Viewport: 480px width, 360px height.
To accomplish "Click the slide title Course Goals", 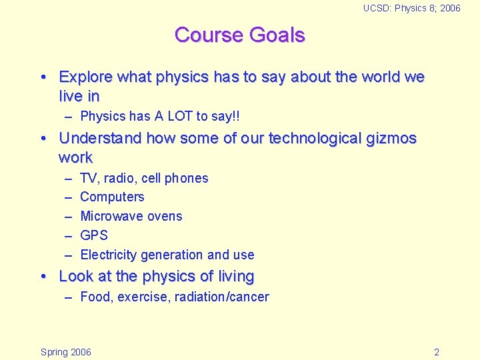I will (239, 35).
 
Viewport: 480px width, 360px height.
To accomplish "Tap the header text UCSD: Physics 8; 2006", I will (411, 8).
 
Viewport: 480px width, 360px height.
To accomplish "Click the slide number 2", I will (436, 352).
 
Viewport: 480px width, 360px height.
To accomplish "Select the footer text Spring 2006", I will (66, 352).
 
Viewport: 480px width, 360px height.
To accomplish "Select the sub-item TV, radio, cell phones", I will (144, 178).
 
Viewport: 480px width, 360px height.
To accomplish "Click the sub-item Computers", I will (112, 197).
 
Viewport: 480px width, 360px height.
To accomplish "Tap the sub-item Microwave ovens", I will (131, 217).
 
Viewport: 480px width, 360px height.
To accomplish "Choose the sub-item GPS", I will (94, 235).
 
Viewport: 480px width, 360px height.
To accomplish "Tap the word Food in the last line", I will (96, 297).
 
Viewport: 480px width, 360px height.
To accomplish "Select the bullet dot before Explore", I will (43, 77).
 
